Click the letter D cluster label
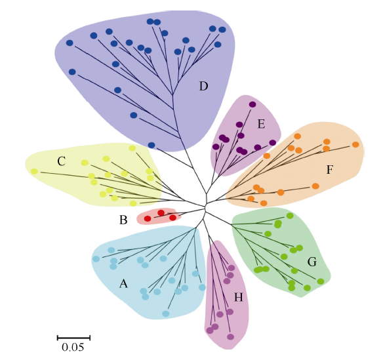(x=203, y=86)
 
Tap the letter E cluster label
(x=261, y=125)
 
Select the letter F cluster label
(x=330, y=169)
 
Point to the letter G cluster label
(x=312, y=262)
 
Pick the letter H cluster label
(x=239, y=298)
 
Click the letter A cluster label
(x=123, y=284)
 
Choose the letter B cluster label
(x=123, y=220)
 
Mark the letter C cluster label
(x=61, y=161)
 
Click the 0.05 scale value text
(x=73, y=348)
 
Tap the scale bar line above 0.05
(x=73, y=338)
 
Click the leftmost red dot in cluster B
(x=148, y=218)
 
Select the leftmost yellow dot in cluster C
(x=35, y=171)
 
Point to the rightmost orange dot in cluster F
(x=355, y=144)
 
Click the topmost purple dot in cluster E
(x=252, y=104)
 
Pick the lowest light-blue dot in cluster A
(x=166, y=313)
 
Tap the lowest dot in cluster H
(x=230, y=337)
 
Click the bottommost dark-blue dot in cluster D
(x=151, y=146)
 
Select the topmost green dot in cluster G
(x=290, y=216)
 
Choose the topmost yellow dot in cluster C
(x=132, y=148)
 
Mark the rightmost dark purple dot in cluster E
(x=273, y=143)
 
